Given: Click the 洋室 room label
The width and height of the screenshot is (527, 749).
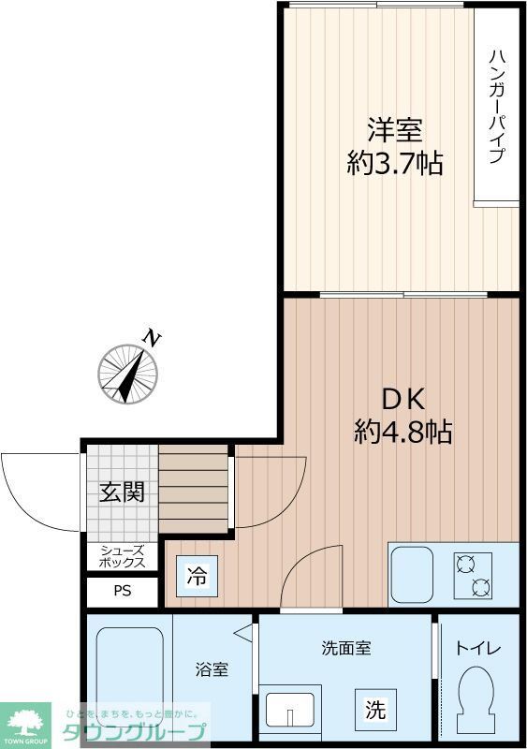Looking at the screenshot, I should click(x=395, y=128).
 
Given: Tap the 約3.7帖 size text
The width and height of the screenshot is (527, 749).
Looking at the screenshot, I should click(x=395, y=164).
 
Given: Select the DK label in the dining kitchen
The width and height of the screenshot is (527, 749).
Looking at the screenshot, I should click(x=403, y=398).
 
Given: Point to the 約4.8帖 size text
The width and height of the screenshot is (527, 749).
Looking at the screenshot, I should click(x=403, y=432).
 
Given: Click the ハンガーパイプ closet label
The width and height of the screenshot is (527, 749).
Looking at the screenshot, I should click(x=496, y=105).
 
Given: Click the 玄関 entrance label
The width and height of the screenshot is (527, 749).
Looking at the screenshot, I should click(x=122, y=492).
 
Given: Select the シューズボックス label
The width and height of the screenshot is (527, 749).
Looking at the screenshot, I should click(x=122, y=556).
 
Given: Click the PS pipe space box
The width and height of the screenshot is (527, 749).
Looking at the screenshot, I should click(x=123, y=591).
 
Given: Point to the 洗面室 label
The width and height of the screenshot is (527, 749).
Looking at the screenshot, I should click(x=346, y=648).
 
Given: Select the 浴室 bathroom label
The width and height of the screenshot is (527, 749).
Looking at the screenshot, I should click(x=211, y=670).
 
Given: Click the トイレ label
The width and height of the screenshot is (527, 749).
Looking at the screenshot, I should click(x=478, y=648).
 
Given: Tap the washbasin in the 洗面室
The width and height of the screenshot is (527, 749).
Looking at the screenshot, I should click(x=291, y=709).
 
